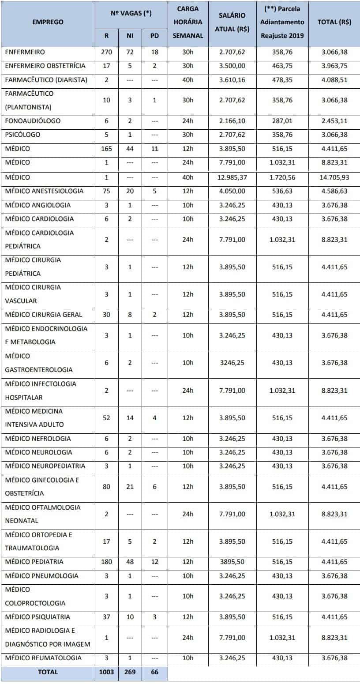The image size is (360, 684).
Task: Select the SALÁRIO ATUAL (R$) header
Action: pos(232,23)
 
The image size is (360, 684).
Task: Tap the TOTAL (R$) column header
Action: pos(334,22)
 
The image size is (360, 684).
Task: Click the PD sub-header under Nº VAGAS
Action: pos(154,36)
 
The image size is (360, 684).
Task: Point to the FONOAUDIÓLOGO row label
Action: pos(33,121)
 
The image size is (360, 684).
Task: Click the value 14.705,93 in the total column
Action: pos(334,177)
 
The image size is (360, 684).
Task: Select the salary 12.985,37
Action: pos(232,177)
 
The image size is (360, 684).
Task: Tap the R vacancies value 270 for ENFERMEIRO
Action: pos(107,52)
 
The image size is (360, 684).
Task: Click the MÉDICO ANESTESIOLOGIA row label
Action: pos(44,192)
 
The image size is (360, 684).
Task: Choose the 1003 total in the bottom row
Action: pos(107,673)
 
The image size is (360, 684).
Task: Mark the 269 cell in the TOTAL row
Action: pos(130,673)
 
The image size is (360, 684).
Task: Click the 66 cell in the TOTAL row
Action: pos(154,673)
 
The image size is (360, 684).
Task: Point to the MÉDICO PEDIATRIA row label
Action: pos(34,562)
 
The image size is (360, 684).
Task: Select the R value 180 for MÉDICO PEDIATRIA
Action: pos(107,562)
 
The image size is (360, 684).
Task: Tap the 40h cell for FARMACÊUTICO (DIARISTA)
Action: pos(188,80)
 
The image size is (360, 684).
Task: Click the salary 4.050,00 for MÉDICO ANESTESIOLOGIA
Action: pos(232,192)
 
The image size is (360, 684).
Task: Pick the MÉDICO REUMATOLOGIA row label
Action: pos(43,658)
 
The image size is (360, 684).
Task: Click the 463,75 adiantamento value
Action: pos(282,66)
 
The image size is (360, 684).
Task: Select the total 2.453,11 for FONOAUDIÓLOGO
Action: pos(334,121)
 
